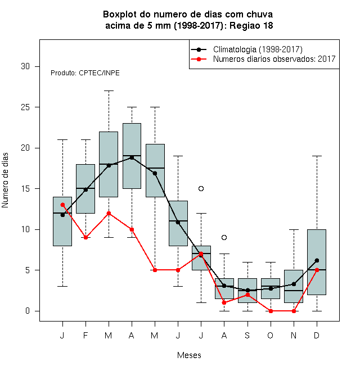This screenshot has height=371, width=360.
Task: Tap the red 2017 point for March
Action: point(109,213)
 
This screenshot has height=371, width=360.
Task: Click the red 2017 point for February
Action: point(85,237)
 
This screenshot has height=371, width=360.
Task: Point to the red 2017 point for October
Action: point(271,311)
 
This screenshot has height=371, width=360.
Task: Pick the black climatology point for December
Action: point(317,260)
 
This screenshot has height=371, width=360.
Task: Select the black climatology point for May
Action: point(155,174)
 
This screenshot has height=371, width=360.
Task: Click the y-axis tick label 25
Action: point(25,107)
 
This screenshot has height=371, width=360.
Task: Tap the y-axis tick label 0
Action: point(28,311)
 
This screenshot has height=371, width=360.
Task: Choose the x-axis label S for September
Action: point(247,335)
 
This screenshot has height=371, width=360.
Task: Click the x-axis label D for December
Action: point(317,335)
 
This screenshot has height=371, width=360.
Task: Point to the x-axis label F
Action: point(85,335)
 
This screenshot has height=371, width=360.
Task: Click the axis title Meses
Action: point(189,355)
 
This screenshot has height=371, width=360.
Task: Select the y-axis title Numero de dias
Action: point(5,180)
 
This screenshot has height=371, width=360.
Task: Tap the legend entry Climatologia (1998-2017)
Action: point(258,49)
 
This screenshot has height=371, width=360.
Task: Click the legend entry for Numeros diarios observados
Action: point(274,59)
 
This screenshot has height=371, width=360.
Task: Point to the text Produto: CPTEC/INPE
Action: point(85,73)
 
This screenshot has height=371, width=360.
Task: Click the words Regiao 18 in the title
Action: point(251,25)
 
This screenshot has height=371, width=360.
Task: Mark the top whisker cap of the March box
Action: point(109,91)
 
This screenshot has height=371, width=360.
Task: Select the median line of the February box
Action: point(85,188)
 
